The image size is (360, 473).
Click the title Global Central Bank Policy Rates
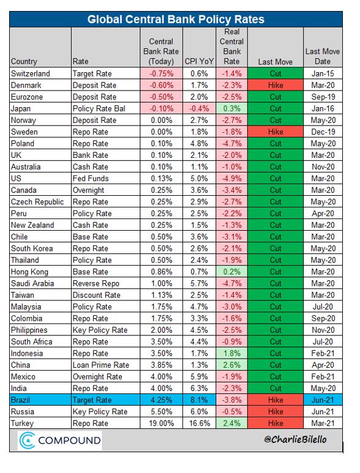[176, 20]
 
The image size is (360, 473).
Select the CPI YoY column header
[199, 61]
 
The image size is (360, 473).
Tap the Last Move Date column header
[323, 56]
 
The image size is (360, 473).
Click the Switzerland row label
[31, 73]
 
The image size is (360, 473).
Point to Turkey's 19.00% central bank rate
[162, 423]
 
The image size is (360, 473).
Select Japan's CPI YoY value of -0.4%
[199, 108]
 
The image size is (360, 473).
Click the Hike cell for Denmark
[276, 86]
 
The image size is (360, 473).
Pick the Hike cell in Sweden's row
[276, 132]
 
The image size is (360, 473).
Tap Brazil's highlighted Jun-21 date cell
[323, 400]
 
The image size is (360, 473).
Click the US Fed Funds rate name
[91, 179]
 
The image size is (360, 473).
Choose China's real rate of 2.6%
[232, 365]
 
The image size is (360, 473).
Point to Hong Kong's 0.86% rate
[162, 272]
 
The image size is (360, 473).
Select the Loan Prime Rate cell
[101, 365]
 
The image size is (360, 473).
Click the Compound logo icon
[27, 441]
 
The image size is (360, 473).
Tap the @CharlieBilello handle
[295, 439]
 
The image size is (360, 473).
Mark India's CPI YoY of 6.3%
[199, 388]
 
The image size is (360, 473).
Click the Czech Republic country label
[37, 202]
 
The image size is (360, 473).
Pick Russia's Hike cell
[276, 412]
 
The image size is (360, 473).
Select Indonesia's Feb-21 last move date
[323, 353]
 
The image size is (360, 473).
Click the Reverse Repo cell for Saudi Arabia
[96, 283]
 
